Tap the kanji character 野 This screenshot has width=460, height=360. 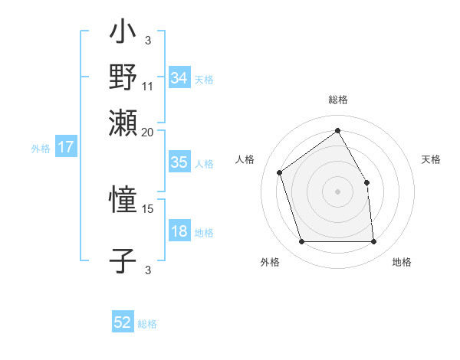pyautogui.click(x=123, y=77)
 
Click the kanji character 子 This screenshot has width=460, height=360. pyautogui.click(x=123, y=260)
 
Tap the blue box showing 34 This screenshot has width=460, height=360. pyautogui.click(x=179, y=77)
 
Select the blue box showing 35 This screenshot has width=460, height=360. pyautogui.click(x=179, y=162)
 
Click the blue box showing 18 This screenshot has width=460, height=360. pyautogui.click(x=179, y=231)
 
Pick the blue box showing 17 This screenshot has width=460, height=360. pyautogui.click(x=65, y=148)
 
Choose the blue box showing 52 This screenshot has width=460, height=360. pyautogui.click(x=123, y=322)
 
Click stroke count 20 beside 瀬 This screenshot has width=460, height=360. pyautogui.click(x=148, y=132)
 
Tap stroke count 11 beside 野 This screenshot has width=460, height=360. pyautogui.click(x=148, y=86)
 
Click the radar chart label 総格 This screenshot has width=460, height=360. pyautogui.click(x=337, y=100)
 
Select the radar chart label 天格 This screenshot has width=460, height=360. pyautogui.click(x=432, y=159)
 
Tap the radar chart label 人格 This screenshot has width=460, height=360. pyautogui.click(x=245, y=159)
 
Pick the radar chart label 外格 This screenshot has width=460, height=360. pyautogui.click(x=270, y=263)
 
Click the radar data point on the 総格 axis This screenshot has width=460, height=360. pyautogui.click(x=337, y=131)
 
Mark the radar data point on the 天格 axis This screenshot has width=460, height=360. pyautogui.click(x=366, y=182)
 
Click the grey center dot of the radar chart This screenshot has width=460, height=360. pyautogui.click(x=337, y=191)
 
